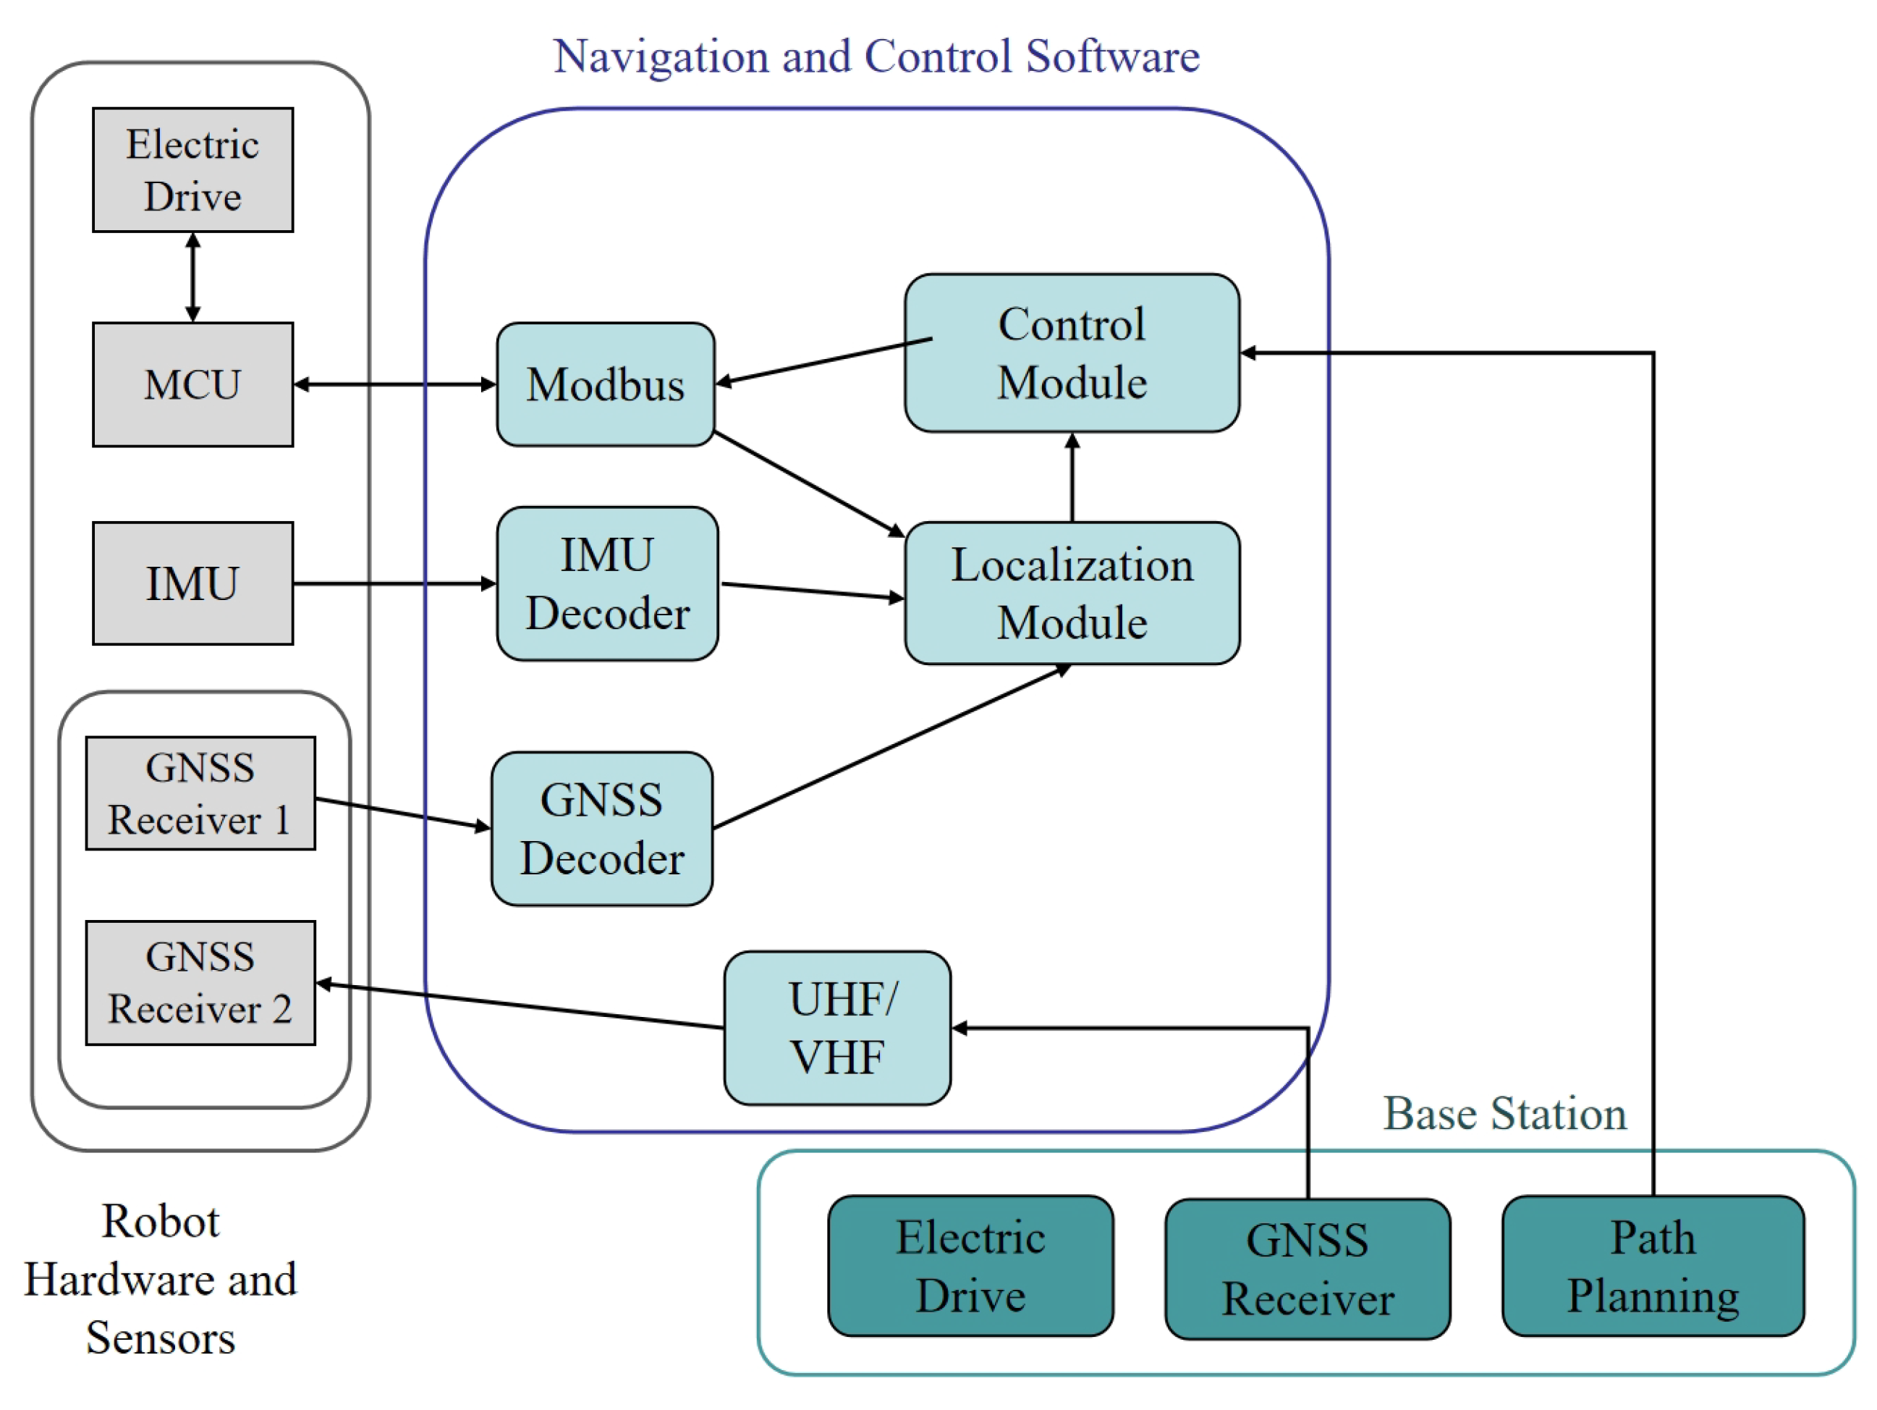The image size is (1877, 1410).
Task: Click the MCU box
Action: click(x=192, y=384)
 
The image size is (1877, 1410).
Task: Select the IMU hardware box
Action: click(x=192, y=583)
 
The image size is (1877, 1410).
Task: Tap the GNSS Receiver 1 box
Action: click(x=200, y=793)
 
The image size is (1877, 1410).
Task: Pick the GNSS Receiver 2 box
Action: click(x=200, y=982)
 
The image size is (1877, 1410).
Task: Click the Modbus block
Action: click(x=605, y=384)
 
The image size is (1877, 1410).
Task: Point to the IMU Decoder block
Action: click(x=606, y=584)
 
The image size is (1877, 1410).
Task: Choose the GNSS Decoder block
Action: click(x=601, y=829)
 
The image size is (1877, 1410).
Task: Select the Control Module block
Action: click(x=1072, y=353)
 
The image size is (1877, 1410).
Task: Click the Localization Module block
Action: click(x=1072, y=594)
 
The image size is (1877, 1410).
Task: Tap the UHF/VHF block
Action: click(x=836, y=1027)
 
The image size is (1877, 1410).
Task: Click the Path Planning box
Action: click(x=1652, y=1266)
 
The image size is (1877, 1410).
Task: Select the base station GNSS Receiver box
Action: click(x=1307, y=1269)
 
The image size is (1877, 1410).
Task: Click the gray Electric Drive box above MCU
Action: click(x=192, y=170)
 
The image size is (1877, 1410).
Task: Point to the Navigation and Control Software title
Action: click(x=876, y=57)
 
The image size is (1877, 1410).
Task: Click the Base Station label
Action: click(x=1504, y=1113)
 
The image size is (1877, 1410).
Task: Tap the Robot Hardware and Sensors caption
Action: click(x=161, y=1279)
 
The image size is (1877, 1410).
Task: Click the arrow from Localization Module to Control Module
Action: click(x=1072, y=477)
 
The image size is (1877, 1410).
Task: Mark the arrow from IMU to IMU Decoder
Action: click(x=394, y=583)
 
